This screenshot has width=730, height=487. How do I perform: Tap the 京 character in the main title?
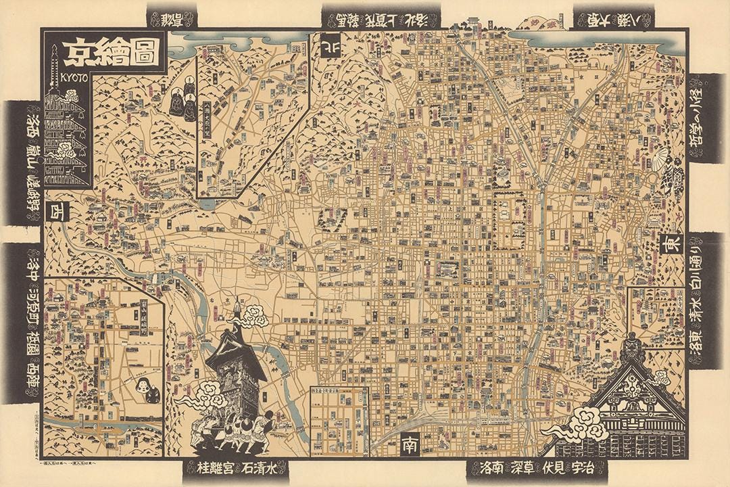click(76, 53)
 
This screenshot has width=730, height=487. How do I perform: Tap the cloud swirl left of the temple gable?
click(579, 422)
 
